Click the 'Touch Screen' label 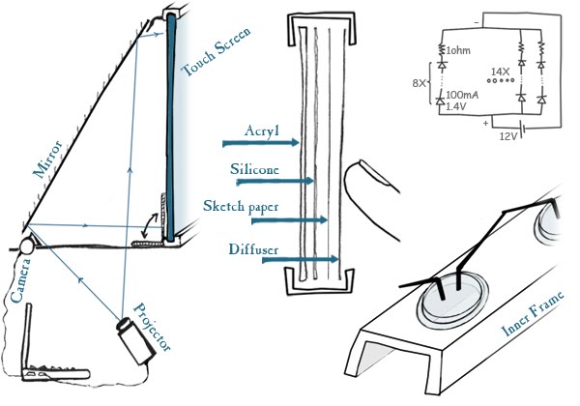(217, 51)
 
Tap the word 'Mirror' (48, 159)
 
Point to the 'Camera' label (21, 280)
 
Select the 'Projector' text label (152, 328)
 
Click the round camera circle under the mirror (27, 246)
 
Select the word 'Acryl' (262, 130)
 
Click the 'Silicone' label (254, 169)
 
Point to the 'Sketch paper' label (241, 206)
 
